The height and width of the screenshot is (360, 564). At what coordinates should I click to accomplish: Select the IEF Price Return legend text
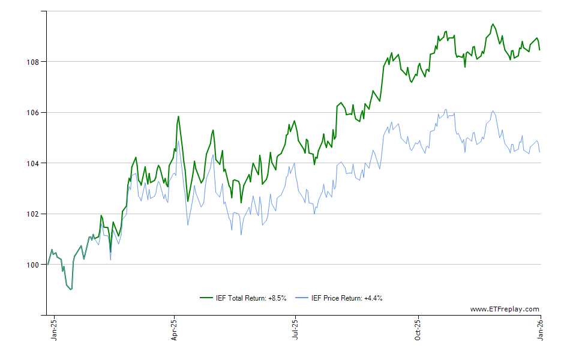[347, 298]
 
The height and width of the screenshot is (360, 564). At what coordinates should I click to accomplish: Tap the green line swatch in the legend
[206, 298]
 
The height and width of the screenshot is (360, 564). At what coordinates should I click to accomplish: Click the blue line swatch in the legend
[303, 298]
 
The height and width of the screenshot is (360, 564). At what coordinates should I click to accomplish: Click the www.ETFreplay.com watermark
[505, 309]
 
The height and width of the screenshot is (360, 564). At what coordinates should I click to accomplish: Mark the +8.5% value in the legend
[277, 298]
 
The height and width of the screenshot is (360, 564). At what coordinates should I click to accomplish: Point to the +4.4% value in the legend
[373, 298]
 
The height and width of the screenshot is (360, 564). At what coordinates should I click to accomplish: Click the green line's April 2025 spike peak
[178, 116]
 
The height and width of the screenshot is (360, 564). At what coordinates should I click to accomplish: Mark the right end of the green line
[539, 50]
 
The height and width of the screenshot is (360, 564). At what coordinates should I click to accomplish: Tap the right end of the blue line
[539, 152]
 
